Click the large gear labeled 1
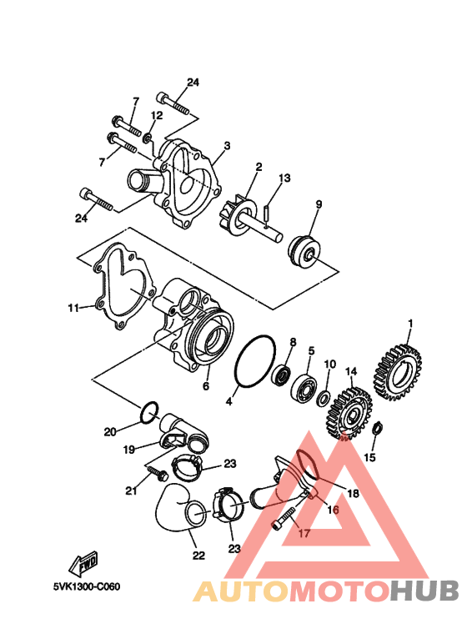coord(398,373)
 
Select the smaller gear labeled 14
coord(350,413)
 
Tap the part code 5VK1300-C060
coord(87,587)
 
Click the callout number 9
coord(319,204)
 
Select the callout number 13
coord(284,178)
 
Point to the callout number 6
coord(206,386)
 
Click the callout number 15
coord(370,457)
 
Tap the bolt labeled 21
coord(157,472)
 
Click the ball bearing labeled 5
coord(304,385)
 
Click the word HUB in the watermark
coord(424,591)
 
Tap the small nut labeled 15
coord(378,429)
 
